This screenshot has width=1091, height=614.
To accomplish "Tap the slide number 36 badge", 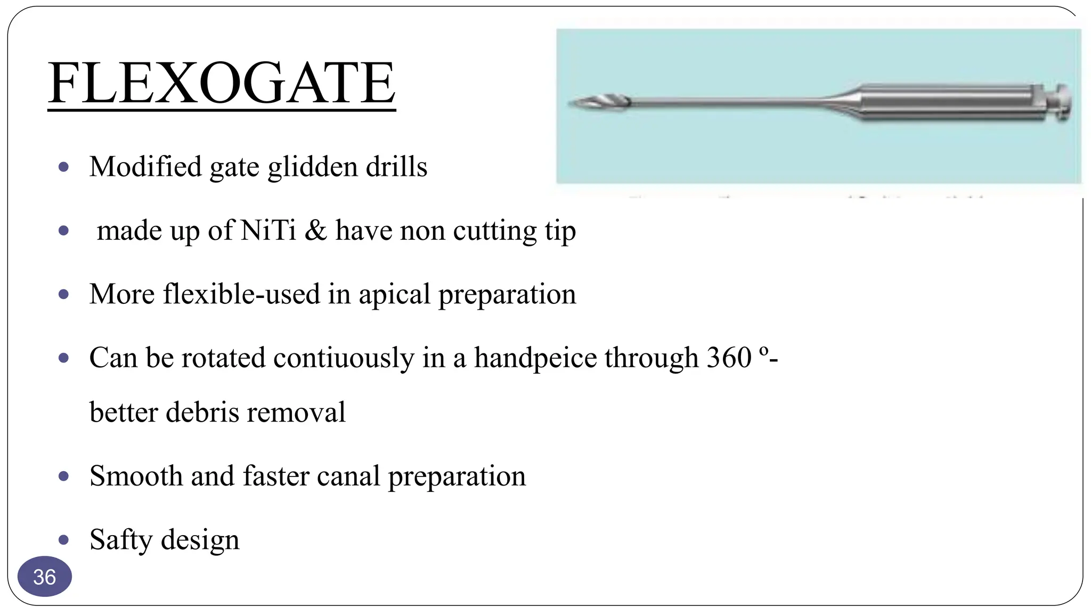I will pos(45,577).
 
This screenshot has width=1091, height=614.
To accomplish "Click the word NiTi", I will pos(268,230).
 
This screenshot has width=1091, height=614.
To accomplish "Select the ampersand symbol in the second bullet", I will pos(315,230).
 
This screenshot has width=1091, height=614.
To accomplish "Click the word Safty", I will pos(121,540).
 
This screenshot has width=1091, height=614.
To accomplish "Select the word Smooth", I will pos(136,475).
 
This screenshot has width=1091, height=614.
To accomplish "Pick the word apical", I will pos(394,294).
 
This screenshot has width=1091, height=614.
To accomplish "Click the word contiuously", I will pos(344,357).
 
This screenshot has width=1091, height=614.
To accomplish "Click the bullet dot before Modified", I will pos(63,167).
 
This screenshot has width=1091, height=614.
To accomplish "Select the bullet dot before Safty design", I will pos(63,540).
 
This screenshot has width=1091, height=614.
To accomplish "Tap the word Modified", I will pos(145,166).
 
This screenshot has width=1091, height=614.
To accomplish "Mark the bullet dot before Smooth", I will pos(63,476).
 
